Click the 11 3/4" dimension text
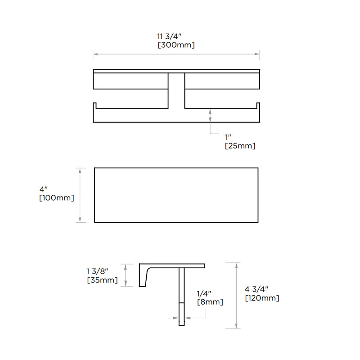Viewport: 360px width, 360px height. tap(176, 36)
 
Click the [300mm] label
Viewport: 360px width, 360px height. tap(176, 45)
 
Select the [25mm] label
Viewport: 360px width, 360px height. tap(240, 146)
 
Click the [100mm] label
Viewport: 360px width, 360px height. tap(57, 198)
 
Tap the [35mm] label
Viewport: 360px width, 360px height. tap(102, 280)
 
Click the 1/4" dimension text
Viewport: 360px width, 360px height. tap(205, 293)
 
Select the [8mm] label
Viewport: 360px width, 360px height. tap(210, 302)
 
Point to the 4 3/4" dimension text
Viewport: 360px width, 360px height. tap(256, 289)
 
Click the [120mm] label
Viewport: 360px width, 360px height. tap(262, 298)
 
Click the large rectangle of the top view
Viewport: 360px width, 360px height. tap(176, 195)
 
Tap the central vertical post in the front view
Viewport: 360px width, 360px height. tap(176, 97)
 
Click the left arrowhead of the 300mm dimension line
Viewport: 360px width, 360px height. tap(94, 54)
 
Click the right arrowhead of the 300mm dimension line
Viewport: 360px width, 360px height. tap(258, 54)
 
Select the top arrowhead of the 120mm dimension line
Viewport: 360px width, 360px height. tap(237, 265)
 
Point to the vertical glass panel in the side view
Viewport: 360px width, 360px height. tap(181, 297)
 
